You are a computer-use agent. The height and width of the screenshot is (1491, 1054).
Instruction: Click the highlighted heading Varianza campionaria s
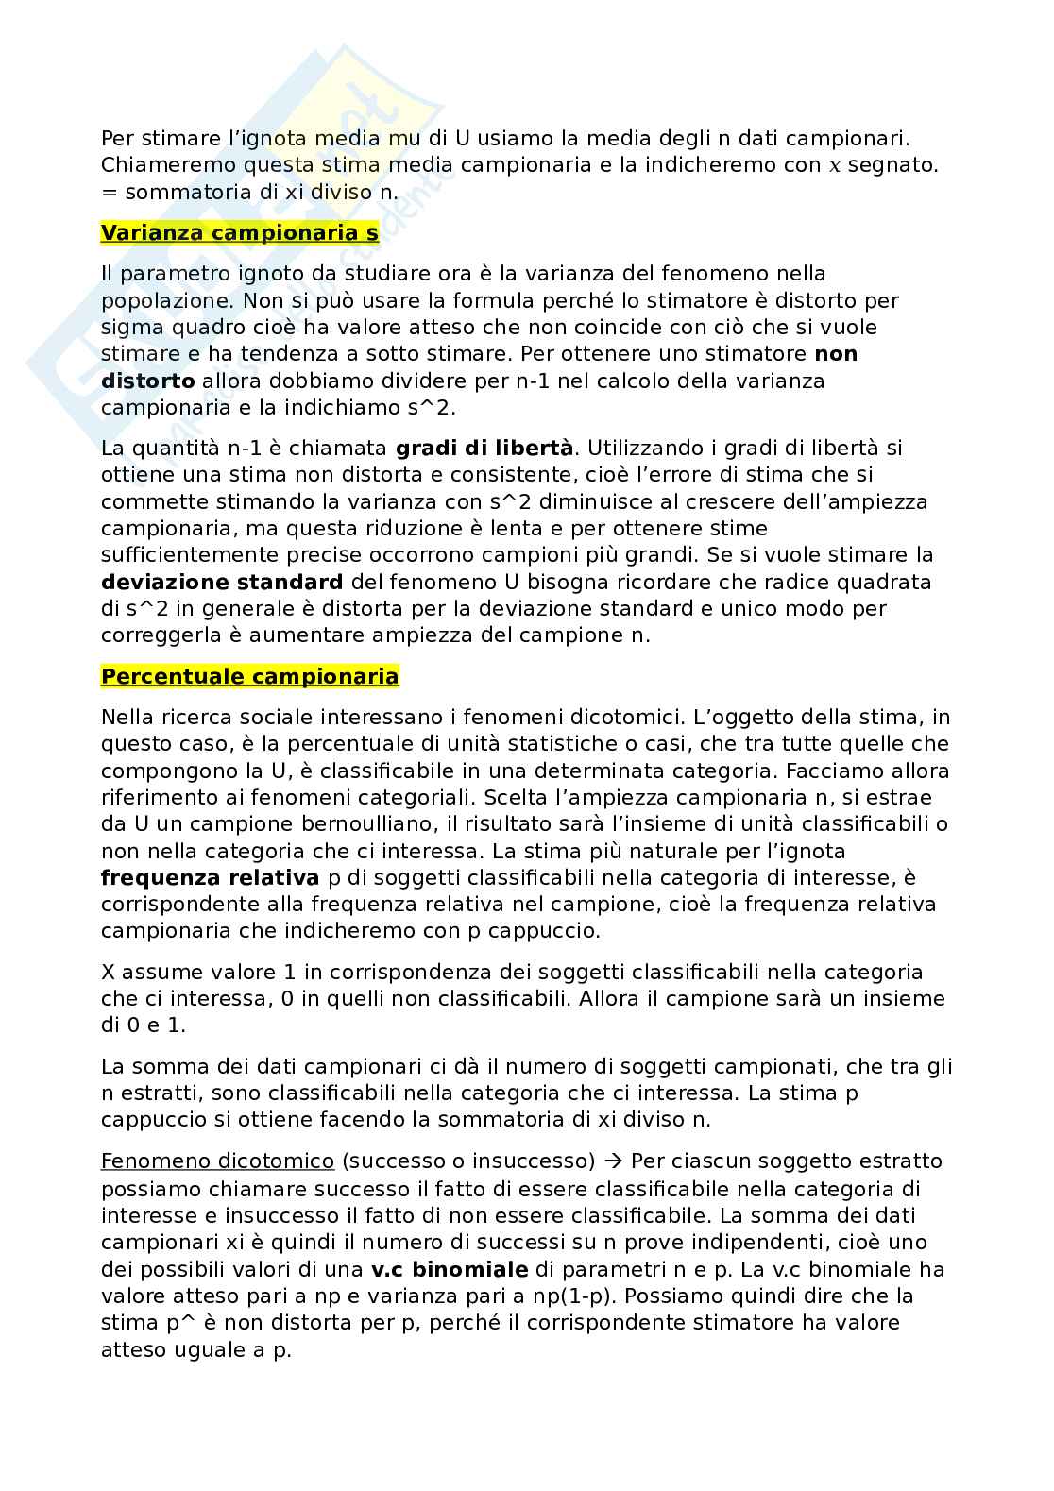coord(240,233)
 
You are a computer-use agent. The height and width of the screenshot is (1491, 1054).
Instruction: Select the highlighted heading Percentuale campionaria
coord(249,677)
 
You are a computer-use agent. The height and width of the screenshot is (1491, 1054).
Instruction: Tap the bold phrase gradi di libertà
coord(484,448)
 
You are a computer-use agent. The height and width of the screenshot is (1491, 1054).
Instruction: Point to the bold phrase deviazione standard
coord(221,582)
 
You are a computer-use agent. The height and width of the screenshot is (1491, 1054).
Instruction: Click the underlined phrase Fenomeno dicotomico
coord(217,1161)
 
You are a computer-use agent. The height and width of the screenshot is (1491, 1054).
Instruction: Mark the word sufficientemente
coord(203,555)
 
